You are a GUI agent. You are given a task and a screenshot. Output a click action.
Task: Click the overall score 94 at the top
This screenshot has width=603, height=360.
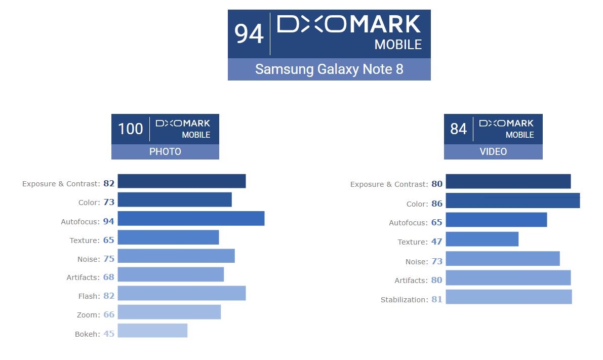(x=249, y=34)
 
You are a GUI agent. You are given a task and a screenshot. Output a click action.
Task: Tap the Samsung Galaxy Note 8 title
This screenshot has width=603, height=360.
(x=329, y=69)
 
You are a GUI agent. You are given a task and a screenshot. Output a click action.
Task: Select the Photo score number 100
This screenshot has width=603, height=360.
(x=131, y=129)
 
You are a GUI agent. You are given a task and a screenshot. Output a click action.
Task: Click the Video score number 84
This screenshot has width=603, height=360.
(x=458, y=129)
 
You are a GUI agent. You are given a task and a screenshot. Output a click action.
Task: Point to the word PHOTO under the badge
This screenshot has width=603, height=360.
(x=165, y=151)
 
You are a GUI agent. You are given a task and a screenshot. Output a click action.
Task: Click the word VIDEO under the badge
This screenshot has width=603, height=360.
(x=493, y=151)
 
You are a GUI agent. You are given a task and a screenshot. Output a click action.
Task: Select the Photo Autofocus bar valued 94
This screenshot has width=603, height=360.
(x=191, y=219)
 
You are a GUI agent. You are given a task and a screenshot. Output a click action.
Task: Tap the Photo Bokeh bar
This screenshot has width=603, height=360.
(x=152, y=331)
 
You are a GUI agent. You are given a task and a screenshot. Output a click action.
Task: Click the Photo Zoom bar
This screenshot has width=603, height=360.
(x=169, y=312)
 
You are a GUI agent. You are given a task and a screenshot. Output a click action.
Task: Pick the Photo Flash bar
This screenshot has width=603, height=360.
(x=181, y=293)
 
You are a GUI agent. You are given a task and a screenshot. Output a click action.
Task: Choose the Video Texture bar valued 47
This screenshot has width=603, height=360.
(x=482, y=239)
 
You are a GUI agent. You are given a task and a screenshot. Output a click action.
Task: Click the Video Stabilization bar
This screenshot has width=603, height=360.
(x=508, y=297)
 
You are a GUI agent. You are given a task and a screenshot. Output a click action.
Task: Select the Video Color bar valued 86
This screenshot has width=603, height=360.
(x=512, y=201)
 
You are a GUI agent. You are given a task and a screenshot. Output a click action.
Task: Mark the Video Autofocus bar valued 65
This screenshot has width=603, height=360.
(x=496, y=220)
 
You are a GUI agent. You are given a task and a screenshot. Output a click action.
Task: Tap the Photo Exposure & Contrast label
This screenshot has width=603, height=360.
(x=61, y=184)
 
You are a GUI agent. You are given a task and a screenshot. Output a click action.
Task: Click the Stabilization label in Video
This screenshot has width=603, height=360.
(x=404, y=300)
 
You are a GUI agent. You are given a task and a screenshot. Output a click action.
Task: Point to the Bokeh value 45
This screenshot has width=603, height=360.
(x=109, y=334)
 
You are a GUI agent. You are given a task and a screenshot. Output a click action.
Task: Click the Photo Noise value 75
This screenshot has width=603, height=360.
(x=109, y=259)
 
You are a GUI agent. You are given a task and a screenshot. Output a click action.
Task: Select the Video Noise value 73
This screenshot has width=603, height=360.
(x=437, y=261)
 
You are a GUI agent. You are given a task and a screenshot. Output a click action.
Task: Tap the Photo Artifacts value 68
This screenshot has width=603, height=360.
(x=109, y=277)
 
